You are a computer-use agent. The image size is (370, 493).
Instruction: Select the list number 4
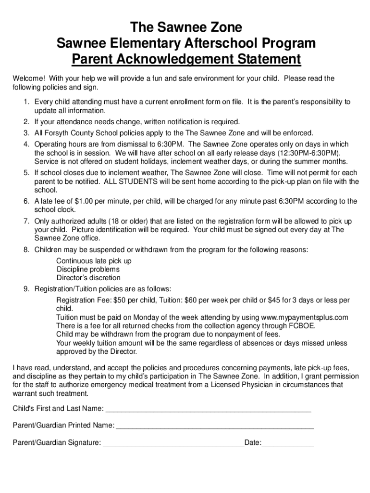(26, 144)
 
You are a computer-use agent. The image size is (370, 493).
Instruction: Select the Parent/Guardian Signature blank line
(174, 443)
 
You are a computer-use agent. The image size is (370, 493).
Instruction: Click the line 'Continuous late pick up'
(94, 261)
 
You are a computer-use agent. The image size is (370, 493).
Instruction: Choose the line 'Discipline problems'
(88, 270)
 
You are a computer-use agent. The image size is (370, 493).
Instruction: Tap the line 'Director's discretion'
(88, 278)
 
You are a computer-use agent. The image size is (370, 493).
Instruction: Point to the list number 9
(26, 289)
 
